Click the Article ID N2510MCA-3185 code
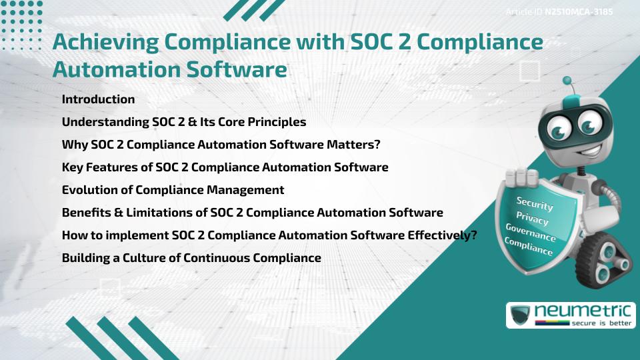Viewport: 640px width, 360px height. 578,12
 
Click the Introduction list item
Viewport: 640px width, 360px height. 98,99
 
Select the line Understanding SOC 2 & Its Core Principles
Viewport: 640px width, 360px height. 183,122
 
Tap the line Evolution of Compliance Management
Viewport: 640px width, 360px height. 173,190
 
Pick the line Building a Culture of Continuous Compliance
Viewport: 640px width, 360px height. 191,257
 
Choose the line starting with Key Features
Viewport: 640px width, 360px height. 225,167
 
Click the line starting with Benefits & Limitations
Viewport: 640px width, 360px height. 252,213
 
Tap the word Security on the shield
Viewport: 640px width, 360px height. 535,204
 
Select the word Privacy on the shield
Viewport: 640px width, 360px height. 532,219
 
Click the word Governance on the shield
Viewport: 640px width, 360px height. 531,233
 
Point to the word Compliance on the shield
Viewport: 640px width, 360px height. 529,247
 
